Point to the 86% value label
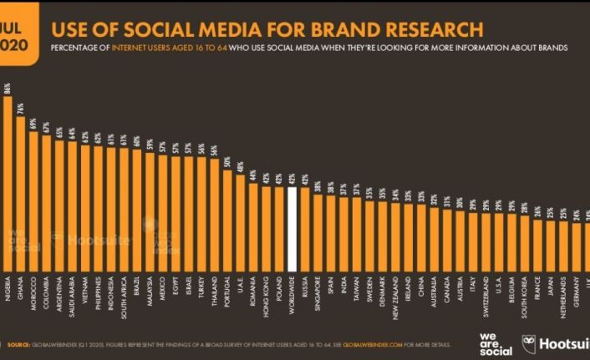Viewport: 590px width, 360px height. click(x=8, y=88)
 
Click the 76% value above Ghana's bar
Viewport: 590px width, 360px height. click(x=20, y=107)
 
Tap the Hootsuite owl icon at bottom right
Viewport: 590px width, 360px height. click(x=529, y=342)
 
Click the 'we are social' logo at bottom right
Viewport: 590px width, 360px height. click(x=493, y=342)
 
